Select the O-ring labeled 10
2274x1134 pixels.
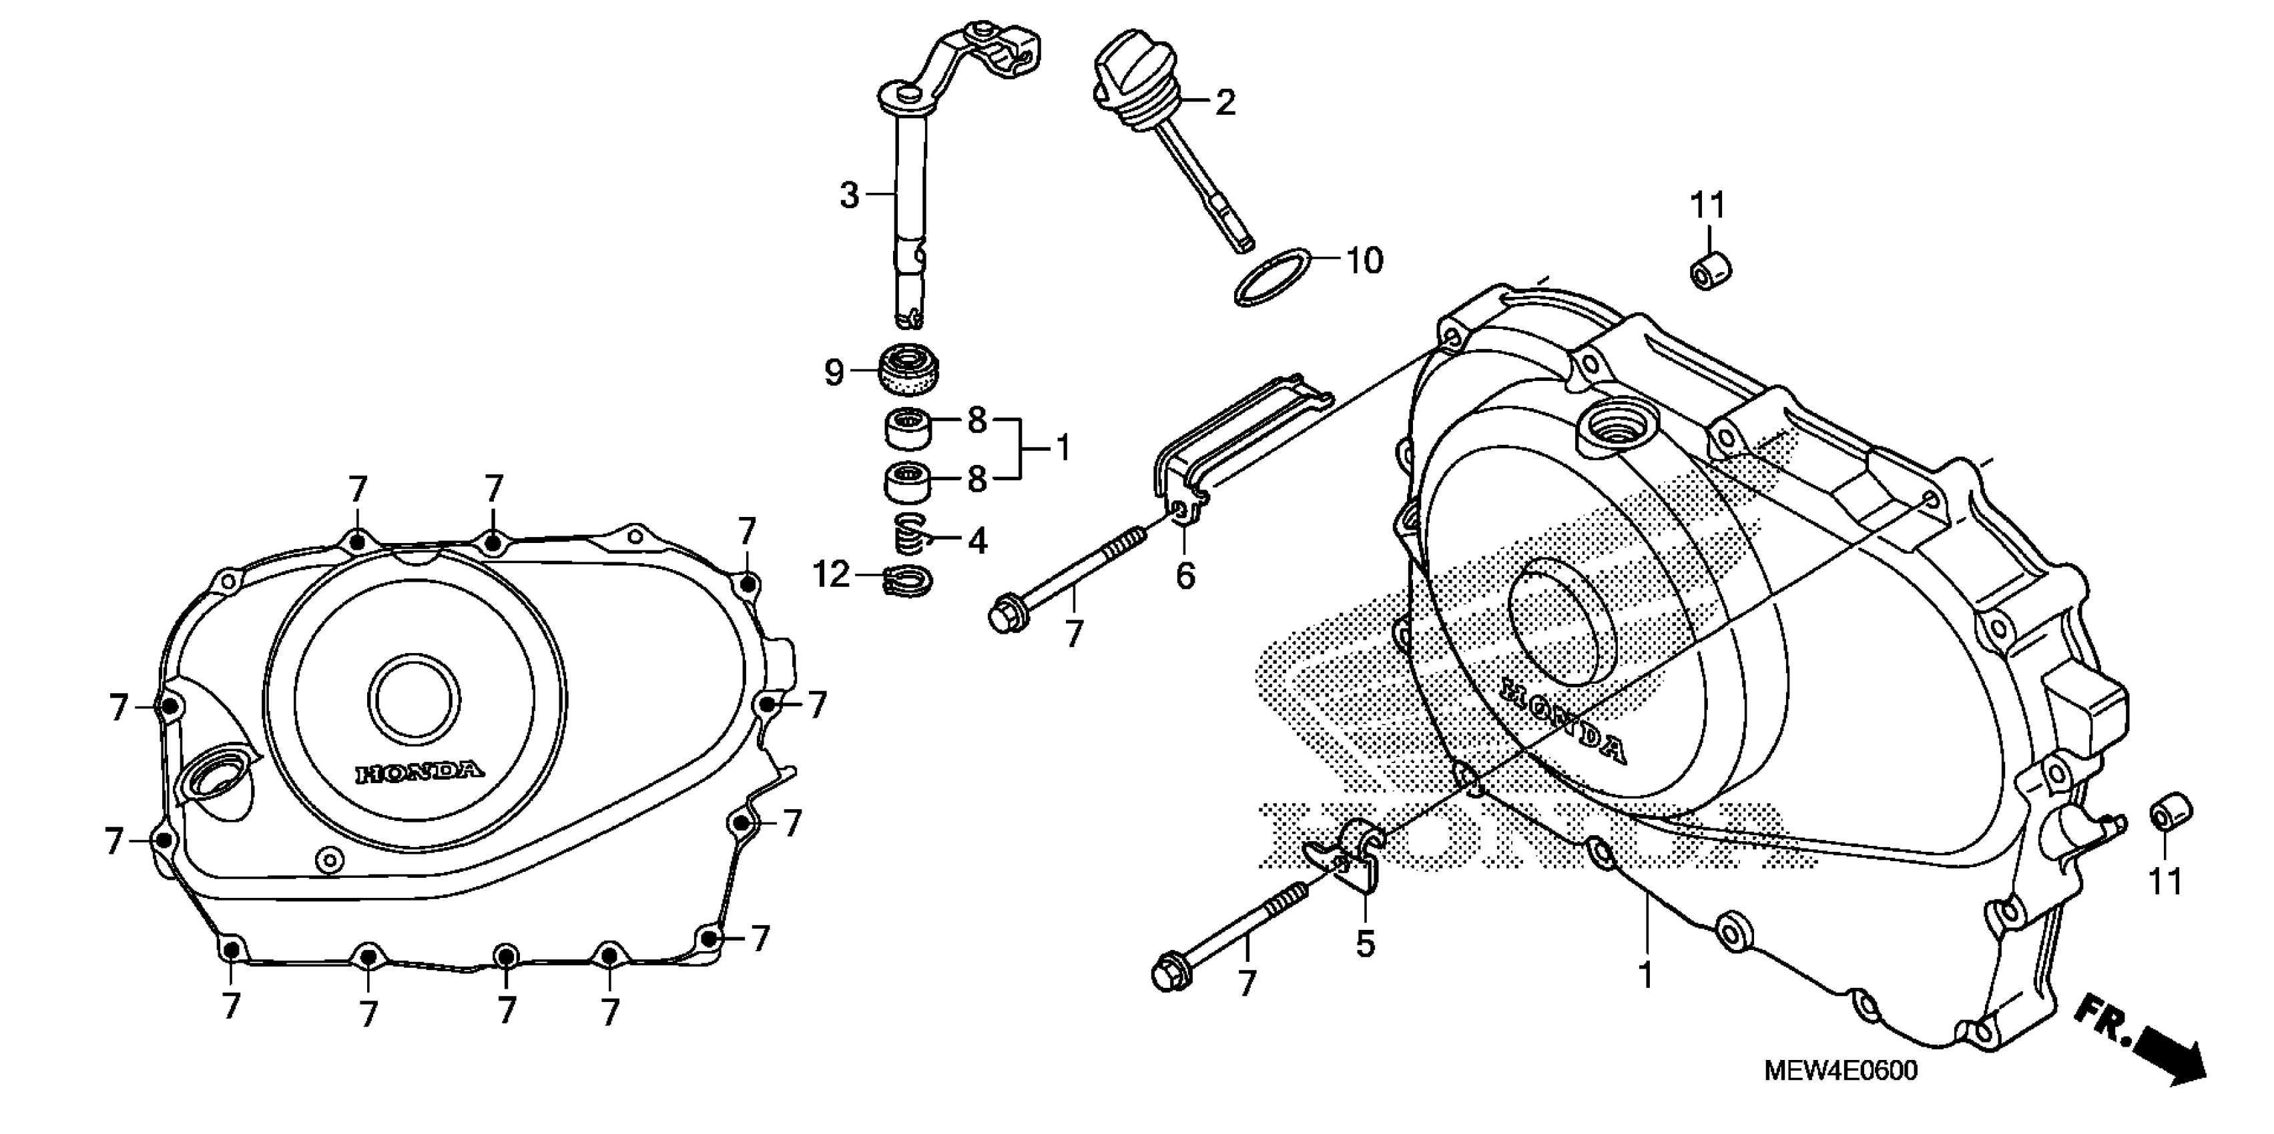pyautogui.click(x=1271, y=278)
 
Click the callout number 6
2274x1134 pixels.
pyautogui.click(x=1185, y=576)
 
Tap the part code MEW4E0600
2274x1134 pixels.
pyautogui.click(x=1839, y=1071)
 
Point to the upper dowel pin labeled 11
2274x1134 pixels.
pyautogui.click(x=1710, y=269)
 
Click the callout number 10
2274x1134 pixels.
pyautogui.click(x=1364, y=261)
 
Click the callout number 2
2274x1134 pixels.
pyautogui.click(x=1225, y=103)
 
